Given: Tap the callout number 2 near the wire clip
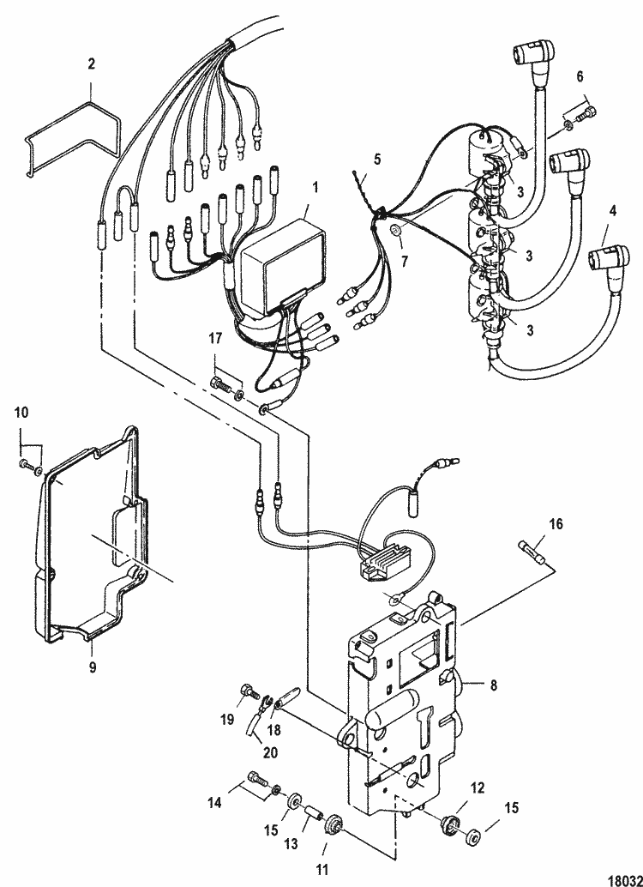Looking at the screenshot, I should pos(92,63).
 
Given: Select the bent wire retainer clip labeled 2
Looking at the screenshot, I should pos(73,137).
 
